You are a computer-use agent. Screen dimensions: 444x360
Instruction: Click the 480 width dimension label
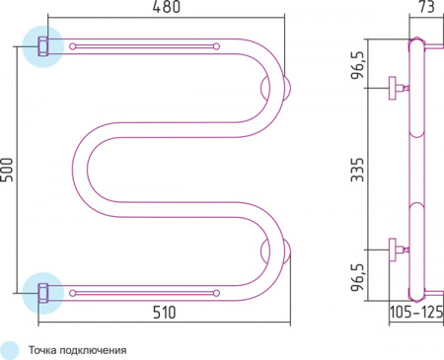click(x=167, y=7)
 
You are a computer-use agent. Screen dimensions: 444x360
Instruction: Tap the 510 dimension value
click(x=165, y=312)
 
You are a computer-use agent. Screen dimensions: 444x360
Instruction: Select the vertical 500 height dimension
click(x=7, y=170)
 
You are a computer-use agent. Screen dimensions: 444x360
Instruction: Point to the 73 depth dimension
click(x=427, y=7)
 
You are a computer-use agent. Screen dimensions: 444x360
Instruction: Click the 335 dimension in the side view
click(x=357, y=170)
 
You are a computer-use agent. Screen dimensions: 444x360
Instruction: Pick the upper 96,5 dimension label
click(x=357, y=64)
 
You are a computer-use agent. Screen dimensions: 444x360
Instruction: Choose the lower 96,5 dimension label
click(x=357, y=277)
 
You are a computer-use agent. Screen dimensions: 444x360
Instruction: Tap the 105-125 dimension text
click(x=416, y=312)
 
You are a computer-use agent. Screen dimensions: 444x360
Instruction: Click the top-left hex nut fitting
click(x=43, y=46)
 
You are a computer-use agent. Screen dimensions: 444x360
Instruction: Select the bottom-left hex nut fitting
click(x=43, y=293)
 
